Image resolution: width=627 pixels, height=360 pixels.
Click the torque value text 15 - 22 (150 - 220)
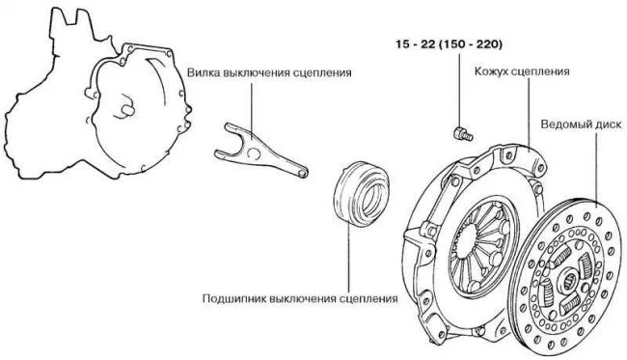click(450, 44)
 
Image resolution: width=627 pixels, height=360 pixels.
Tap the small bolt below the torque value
click(463, 133)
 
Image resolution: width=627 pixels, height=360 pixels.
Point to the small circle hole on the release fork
click(253, 153)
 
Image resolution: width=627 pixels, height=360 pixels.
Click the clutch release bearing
click(362, 194)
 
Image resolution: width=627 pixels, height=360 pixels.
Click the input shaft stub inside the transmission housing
click(128, 109)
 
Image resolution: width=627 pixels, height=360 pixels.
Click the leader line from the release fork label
click(252, 112)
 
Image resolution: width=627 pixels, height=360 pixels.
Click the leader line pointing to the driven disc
click(596, 170)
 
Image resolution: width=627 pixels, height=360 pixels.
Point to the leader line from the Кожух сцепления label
click(529, 115)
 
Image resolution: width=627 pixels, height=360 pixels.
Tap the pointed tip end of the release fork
click(305, 173)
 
